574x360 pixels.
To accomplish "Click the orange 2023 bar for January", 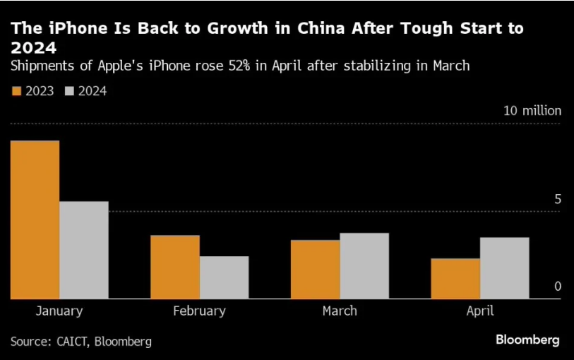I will [x=35, y=220].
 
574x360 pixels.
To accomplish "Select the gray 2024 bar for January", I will [x=84, y=250].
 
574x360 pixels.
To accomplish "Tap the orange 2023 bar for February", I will [x=175, y=267].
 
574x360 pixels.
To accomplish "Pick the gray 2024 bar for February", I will [x=224, y=277].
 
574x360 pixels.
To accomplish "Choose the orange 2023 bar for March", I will [x=315, y=269].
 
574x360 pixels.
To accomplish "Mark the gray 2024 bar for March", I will [x=364, y=265].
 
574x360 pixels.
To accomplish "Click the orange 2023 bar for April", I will [x=455, y=278].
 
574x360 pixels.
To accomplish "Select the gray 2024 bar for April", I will [x=504, y=268].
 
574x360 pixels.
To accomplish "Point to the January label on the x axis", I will [x=59, y=311].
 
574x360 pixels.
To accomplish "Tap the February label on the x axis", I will [x=199, y=311].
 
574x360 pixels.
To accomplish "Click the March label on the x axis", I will [x=340, y=311].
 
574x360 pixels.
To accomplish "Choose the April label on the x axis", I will [x=479, y=311].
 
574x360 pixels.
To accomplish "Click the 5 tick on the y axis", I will [x=557, y=200].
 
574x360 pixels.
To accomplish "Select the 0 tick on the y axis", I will [x=557, y=287].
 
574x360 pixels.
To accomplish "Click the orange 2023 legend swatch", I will [x=16, y=91].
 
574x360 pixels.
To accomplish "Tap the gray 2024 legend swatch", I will [x=69, y=91].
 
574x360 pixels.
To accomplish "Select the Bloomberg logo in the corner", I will [x=527, y=340].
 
